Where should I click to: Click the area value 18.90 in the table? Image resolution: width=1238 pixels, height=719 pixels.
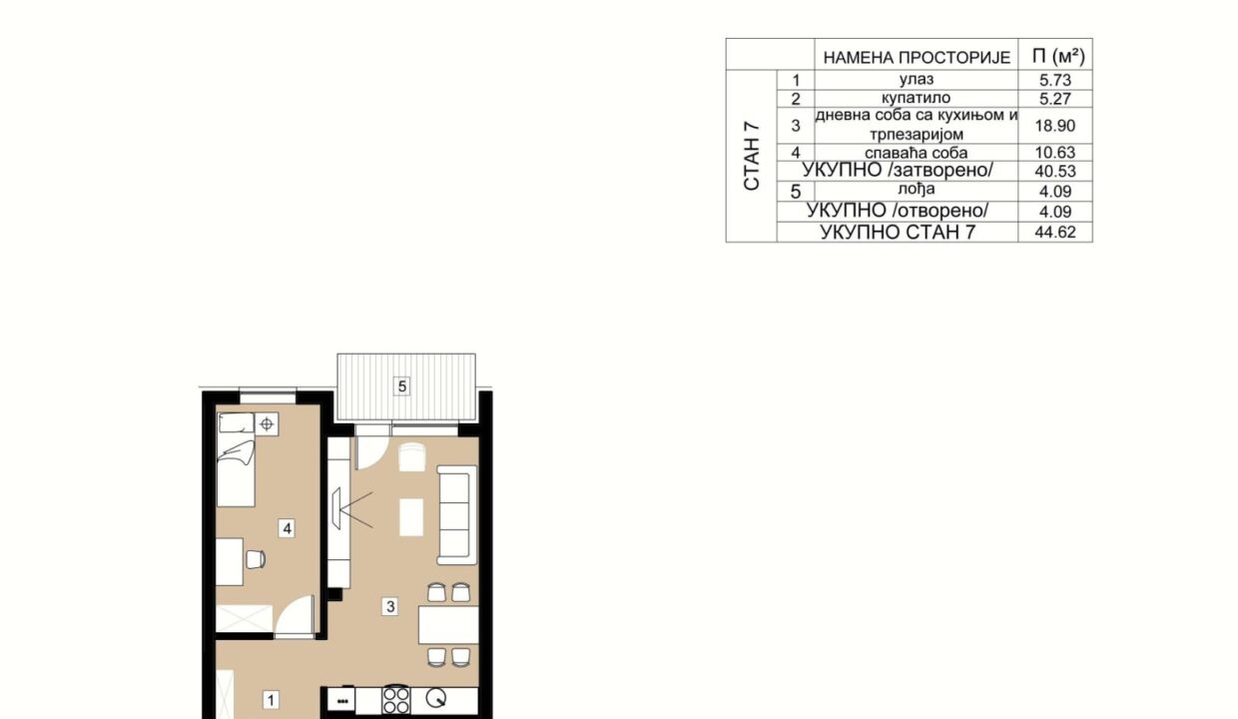point(1054,126)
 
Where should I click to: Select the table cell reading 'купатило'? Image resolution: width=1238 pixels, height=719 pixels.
point(916,98)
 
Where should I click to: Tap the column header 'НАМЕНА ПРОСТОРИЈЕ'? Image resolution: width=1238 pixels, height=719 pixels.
point(917,58)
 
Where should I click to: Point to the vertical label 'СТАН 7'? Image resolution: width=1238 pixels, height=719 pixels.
point(752,157)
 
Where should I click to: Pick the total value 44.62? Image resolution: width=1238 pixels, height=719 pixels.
point(1055,232)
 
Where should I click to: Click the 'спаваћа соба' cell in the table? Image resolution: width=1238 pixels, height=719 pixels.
point(916,153)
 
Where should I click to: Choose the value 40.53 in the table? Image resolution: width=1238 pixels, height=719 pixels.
point(1055,172)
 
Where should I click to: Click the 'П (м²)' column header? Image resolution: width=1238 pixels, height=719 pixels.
point(1058,56)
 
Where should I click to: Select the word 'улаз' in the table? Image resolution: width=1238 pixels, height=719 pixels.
point(917,79)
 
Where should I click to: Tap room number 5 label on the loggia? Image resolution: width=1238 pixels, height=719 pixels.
point(402,385)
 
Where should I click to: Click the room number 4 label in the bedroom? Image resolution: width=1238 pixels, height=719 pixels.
point(287,529)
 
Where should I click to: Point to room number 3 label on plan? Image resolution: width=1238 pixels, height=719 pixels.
point(390,607)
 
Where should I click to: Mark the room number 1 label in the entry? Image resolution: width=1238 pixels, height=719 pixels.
point(271,700)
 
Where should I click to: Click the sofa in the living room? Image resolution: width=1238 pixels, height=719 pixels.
point(456,515)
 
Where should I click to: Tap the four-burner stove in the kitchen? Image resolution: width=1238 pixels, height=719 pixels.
point(396,701)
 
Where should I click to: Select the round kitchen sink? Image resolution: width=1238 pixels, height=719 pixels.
point(436,699)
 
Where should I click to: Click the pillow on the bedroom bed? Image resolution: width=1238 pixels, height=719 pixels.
point(236,423)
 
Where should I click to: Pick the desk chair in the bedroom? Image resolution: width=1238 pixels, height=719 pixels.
point(256,559)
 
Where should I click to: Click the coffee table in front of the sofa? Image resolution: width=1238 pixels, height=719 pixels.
point(411,517)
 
